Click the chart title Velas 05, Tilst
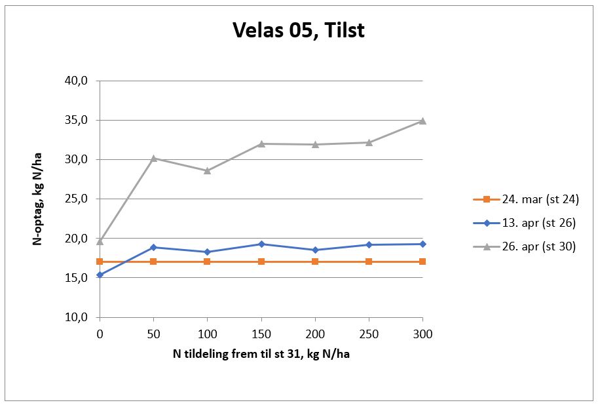click(x=299, y=31)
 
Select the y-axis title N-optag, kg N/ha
click(x=38, y=199)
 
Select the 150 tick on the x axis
click(x=261, y=334)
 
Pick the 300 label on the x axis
click(x=422, y=334)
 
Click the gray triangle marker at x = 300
click(x=422, y=121)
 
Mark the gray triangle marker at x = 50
click(x=153, y=158)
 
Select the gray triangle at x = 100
click(x=207, y=170)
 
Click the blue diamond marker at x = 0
click(x=100, y=275)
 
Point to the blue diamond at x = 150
click(x=261, y=244)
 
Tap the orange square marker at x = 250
click(x=369, y=262)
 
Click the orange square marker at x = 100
click(x=207, y=262)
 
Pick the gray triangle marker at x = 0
click(x=100, y=241)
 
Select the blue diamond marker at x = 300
click(x=422, y=244)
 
